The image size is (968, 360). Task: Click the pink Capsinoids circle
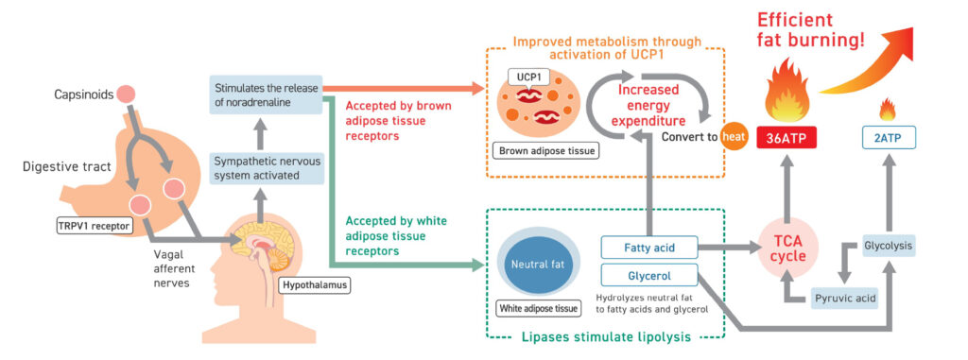pyautogui.click(x=126, y=94)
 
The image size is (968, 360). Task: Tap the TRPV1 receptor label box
pyautogui.click(x=95, y=227)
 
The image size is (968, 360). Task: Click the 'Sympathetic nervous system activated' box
pyautogui.click(x=266, y=168)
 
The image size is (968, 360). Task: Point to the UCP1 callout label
pyautogui.click(x=521, y=77)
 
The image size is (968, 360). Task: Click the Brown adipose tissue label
pyautogui.click(x=537, y=150)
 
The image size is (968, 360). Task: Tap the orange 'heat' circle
pyautogui.click(x=732, y=136)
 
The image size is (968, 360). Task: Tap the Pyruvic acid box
pyautogui.click(x=843, y=298)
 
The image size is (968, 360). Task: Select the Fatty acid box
pyautogui.click(x=648, y=248)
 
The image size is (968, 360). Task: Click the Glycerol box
pyautogui.click(x=648, y=275)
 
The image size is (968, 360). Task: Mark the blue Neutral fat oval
pyautogui.click(x=538, y=265)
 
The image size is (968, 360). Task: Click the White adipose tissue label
pyautogui.click(x=538, y=307)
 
